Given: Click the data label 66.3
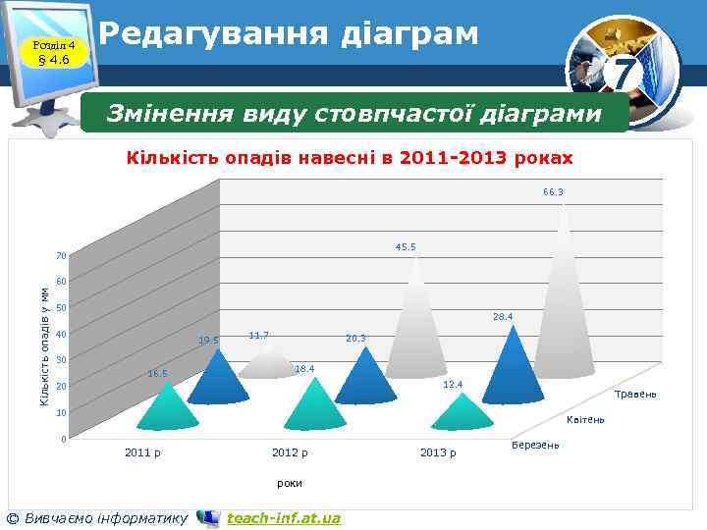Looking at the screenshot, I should click(x=553, y=192).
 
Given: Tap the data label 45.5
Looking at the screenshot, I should click(x=406, y=246).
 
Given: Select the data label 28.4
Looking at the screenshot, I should click(x=503, y=316).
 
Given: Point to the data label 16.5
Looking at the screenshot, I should click(x=157, y=373).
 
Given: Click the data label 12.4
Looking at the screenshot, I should click(x=453, y=384).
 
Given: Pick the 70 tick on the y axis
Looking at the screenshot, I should click(x=61, y=257).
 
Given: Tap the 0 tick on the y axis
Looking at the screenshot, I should click(x=63, y=439).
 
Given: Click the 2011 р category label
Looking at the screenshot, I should click(x=143, y=452).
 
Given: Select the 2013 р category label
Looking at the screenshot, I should click(x=438, y=452).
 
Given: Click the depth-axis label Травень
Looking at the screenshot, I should click(x=634, y=395).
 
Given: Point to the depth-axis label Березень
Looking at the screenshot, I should click(x=535, y=446).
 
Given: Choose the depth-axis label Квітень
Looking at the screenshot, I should click(x=586, y=420).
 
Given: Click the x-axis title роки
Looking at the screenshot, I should click(x=290, y=483).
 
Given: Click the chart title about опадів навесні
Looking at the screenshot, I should click(x=350, y=158).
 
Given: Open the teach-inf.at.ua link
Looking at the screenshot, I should click(x=283, y=518).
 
